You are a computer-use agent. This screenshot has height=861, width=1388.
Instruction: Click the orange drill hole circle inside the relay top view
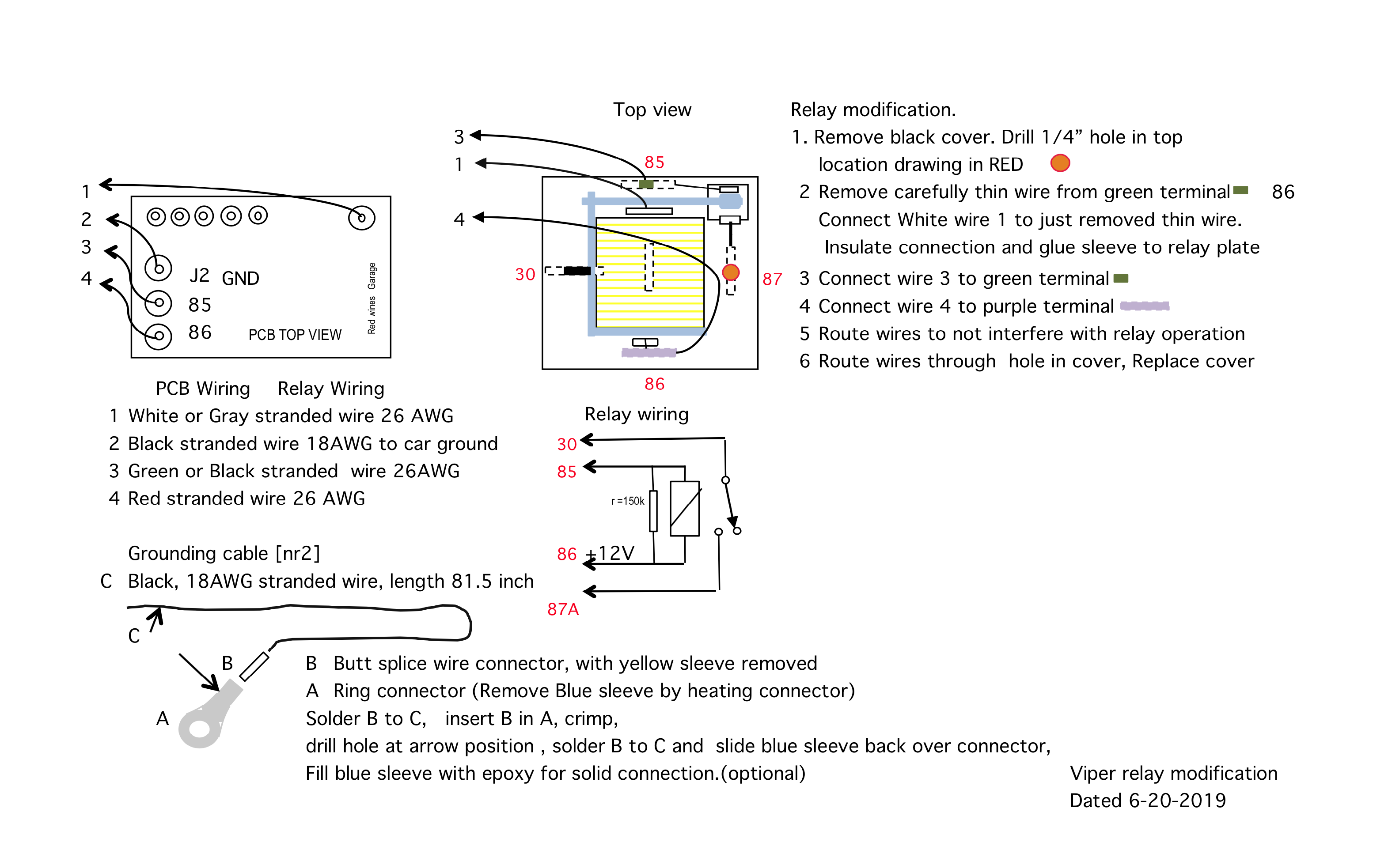pyautogui.click(x=730, y=272)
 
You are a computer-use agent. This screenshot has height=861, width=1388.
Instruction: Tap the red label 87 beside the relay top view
pyautogui.click(x=772, y=279)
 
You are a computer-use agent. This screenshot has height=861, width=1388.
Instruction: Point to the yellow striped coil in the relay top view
pyautogui.click(x=649, y=273)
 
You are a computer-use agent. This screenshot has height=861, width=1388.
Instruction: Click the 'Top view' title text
pyautogui.click(x=652, y=110)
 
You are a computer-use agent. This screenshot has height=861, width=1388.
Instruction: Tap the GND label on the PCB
pyautogui.click(x=240, y=278)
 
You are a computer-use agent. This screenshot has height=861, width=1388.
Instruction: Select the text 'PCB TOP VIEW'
pyautogui.click(x=295, y=334)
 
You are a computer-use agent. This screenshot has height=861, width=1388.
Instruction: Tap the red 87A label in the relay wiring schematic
pyautogui.click(x=562, y=609)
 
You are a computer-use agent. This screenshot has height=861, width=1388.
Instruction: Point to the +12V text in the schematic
pyautogui.click(x=611, y=552)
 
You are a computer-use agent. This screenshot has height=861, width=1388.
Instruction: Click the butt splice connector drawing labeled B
pyautogui.click(x=254, y=666)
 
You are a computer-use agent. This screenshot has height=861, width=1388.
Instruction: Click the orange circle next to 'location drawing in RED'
pyautogui.click(x=1059, y=163)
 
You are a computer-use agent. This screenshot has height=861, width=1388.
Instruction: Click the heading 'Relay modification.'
pyautogui.click(x=872, y=110)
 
